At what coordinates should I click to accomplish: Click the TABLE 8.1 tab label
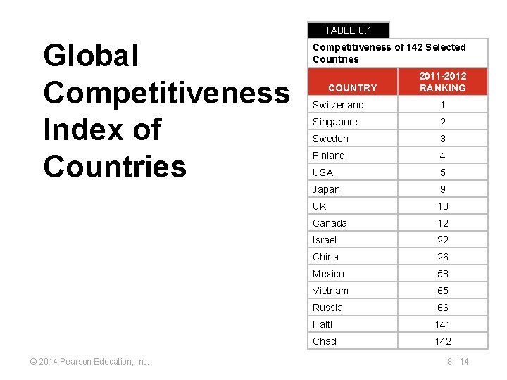[348, 30]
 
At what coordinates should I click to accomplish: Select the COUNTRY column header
[352, 88]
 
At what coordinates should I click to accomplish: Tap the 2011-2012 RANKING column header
[442, 82]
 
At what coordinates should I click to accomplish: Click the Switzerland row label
[339, 105]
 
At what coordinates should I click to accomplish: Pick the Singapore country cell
[335, 122]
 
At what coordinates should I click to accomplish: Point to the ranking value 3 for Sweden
[442, 139]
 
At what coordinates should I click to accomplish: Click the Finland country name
[329, 156]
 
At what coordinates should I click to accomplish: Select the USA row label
[323, 172]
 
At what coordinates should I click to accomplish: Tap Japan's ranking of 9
[442, 189]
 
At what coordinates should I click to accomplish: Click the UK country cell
[320, 206]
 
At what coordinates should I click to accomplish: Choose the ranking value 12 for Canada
[442, 223]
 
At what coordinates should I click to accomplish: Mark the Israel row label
[325, 240]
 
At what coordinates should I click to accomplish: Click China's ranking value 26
[442, 257]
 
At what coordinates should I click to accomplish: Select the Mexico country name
[329, 274]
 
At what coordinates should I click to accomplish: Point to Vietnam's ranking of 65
[442, 291]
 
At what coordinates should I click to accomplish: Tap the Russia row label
[328, 308]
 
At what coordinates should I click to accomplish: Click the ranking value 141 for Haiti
[442, 324]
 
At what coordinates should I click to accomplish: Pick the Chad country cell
[325, 341]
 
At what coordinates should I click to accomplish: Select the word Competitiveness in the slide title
[166, 93]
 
